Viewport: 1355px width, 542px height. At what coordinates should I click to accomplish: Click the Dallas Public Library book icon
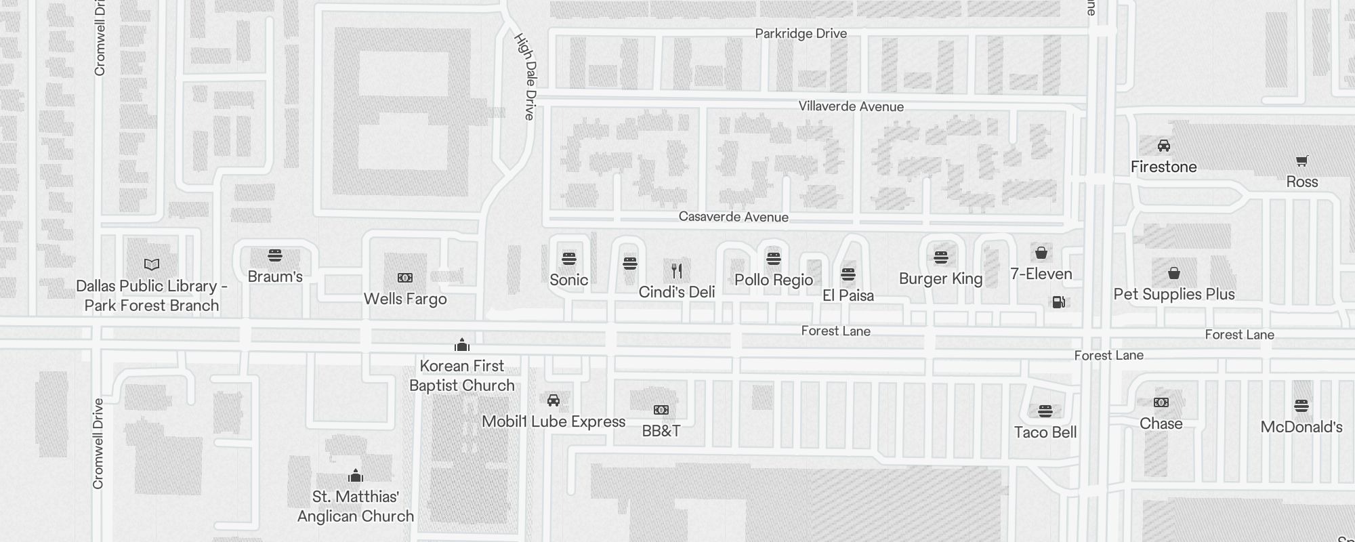[152, 264]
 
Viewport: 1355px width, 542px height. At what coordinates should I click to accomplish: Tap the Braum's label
[274, 276]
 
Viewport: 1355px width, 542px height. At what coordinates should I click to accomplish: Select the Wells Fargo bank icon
[405, 278]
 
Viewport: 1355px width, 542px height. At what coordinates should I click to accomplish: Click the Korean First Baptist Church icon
[462, 346]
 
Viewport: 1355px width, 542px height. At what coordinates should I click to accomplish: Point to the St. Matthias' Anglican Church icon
[356, 476]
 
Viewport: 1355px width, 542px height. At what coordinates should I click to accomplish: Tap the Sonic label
[568, 280]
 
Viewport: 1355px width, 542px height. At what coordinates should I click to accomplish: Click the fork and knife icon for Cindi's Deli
[677, 271]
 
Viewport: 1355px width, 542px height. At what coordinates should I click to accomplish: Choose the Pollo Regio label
[774, 280]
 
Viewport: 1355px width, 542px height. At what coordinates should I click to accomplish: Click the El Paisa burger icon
[848, 274]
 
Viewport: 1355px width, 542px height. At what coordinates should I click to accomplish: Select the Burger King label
[940, 278]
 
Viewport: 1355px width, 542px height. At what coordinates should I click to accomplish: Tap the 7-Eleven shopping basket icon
[1041, 253]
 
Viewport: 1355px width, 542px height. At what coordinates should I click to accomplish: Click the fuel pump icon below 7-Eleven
[1058, 301]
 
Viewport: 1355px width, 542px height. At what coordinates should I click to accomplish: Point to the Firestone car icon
[1164, 146]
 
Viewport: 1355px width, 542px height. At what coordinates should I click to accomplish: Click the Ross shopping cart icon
[1301, 161]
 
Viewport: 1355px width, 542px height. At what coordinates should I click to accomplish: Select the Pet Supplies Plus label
[1174, 294]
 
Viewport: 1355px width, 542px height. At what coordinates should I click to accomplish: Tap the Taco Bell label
[1045, 432]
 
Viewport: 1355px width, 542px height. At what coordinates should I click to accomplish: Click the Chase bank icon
[1161, 402]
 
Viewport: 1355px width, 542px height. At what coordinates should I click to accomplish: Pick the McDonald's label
[1301, 427]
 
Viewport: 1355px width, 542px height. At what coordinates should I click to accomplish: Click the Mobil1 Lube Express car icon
[554, 400]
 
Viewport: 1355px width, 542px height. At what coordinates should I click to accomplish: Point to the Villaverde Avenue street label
[851, 106]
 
